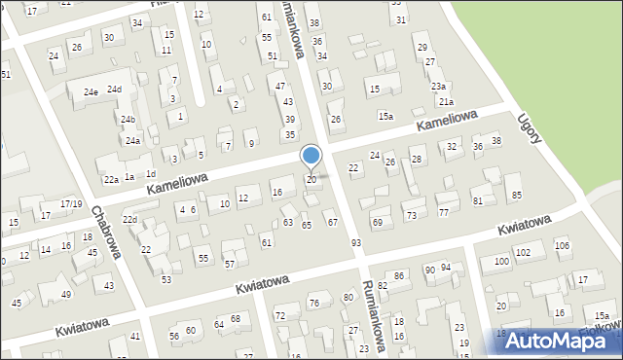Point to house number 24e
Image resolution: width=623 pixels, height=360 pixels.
(91, 92)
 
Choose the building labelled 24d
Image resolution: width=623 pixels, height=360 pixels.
(114, 90)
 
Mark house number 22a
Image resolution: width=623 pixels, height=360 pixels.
(112, 179)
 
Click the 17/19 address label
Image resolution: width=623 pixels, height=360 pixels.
(71, 203)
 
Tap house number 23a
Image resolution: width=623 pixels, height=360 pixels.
(439, 86)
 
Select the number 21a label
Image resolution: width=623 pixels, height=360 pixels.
(446, 101)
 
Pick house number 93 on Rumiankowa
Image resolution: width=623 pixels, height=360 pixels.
(357, 241)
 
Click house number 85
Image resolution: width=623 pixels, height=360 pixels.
(517, 196)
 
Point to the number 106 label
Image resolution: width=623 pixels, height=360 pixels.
(562, 244)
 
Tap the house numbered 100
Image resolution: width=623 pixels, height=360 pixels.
(501, 262)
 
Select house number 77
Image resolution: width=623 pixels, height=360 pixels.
(443, 211)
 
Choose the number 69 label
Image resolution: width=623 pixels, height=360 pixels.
(377, 223)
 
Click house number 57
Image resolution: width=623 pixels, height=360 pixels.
(230, 264)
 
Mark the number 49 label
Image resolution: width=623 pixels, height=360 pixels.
(66, 294)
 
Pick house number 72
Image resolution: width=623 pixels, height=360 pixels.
(280, 316)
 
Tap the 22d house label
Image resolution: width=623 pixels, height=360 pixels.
(129, 220)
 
